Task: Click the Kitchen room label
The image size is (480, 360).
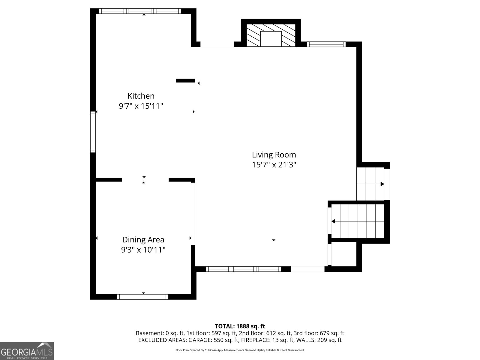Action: click(x=141, y=96)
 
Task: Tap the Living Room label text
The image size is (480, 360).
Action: click(x=274, y=155)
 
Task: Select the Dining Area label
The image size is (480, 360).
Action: click(x=143, y=240)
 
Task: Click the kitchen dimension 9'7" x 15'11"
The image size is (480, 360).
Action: click(x=141, y=106)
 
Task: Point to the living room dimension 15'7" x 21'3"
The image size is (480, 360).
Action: click(x=274, y=165)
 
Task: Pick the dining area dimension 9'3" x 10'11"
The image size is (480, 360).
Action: click(x=143, y=250)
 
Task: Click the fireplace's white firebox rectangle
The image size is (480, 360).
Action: click(x=271, y=39)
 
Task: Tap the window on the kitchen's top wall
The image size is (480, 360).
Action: click(x=140, y=11)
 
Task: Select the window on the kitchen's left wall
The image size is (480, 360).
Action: click(x=93, y=132)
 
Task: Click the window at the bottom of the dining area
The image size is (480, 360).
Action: click(x=142, y=297)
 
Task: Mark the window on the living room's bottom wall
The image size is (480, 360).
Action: click(x=243, y=269)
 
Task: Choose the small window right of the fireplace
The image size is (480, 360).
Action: click(x=326, y=44)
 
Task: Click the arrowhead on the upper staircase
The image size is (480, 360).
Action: click(x=382, y=184)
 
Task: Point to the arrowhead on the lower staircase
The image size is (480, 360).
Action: click(x=333, y=221)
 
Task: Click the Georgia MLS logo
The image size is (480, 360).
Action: click(x=27, y=351)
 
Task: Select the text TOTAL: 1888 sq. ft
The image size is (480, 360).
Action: click(x=240, y=326)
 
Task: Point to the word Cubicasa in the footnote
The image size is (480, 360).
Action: click(x=211, y=350)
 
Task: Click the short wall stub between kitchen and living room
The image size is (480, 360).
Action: click(x=185, y=81)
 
